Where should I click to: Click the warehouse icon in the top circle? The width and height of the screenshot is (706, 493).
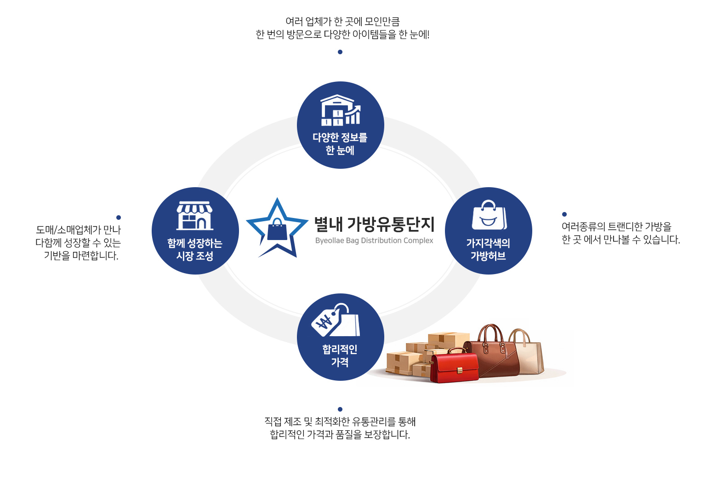340,110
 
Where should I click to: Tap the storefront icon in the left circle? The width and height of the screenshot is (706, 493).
195,216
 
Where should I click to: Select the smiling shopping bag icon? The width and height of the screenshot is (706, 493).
489,216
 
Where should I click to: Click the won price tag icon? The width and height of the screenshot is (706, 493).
336,320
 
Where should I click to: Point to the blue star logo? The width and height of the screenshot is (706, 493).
277,229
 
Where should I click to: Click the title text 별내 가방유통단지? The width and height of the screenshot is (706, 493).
374,224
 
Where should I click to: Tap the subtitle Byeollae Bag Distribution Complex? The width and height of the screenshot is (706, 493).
374,241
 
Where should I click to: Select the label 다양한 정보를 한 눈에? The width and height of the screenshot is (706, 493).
340,143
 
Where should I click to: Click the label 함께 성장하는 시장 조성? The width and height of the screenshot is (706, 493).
195,249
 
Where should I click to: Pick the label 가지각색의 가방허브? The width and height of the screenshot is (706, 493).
488,249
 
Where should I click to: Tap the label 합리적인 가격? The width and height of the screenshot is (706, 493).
340,355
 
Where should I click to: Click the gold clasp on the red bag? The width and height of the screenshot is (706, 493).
459,370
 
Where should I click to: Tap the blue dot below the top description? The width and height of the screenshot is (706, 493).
340,52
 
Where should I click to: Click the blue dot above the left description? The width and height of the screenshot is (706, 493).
119,218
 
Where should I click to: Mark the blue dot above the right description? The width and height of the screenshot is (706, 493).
564,214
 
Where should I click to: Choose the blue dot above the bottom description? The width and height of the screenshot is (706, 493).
340,409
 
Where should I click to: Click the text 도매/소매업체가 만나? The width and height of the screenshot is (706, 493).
78,230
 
